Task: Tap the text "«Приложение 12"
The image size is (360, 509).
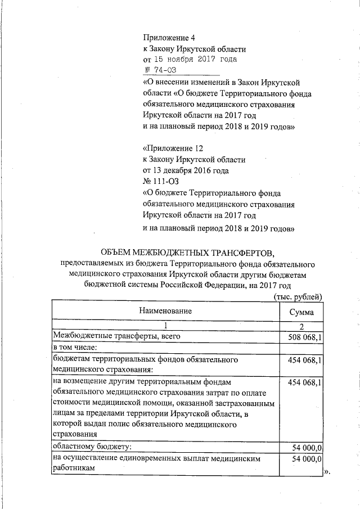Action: (x=172, y=149)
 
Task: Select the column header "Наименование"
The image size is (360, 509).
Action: (x=166, y=311)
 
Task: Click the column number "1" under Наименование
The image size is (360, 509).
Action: (x=166, y=326)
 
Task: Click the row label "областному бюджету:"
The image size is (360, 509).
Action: (x=92, y=447)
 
